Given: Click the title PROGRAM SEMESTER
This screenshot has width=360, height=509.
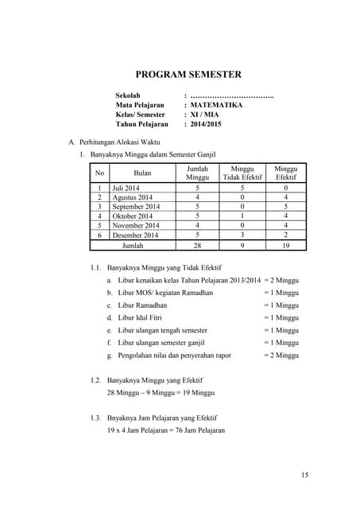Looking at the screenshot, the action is click(x=188, y=75).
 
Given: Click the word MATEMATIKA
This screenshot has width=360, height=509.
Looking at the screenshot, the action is click(x=216, y=104).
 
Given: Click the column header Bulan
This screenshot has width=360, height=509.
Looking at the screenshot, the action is click(x=142, y=173).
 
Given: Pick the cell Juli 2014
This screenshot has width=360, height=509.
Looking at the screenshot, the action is click(x=126, y=188).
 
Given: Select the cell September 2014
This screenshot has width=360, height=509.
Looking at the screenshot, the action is click(x=136, y=207).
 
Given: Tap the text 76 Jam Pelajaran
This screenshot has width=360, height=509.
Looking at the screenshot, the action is click(x=195, y=430).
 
